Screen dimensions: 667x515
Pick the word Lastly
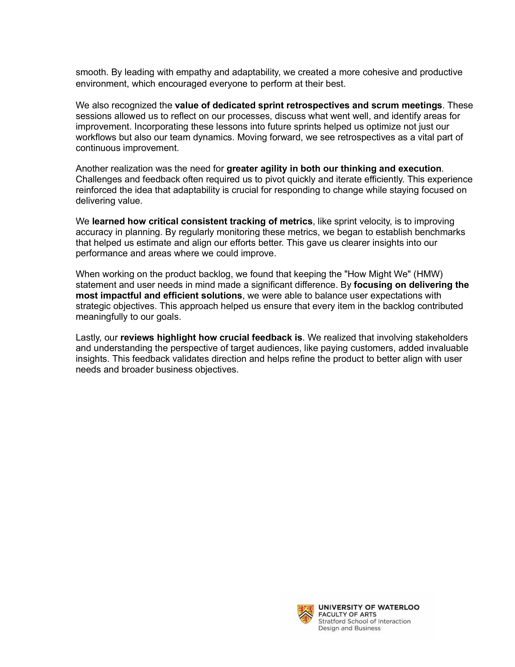click(x=88, y=338)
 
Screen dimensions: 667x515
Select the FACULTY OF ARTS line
click(x=347, y=614)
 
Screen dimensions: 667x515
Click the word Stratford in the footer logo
click(x=332, y=622)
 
